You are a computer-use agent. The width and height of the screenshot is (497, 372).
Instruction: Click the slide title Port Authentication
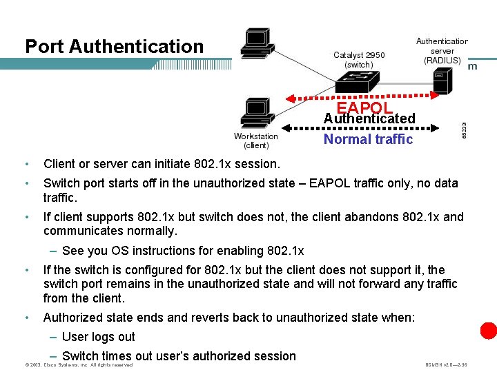tap(115, 47)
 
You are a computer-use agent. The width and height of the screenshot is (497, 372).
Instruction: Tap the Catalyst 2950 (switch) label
tap(359, 60)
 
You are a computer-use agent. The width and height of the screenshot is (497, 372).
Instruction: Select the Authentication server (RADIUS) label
tap(442, 51)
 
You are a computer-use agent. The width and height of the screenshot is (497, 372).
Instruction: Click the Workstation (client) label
tap(256, 141)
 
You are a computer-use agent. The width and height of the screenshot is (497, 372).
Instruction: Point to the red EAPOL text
tap(364, 108)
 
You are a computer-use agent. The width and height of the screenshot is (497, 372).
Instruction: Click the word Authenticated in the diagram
tap(369, 118)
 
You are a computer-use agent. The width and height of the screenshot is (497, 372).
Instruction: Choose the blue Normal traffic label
tap(369, 139)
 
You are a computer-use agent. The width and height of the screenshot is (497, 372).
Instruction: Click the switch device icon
tap(359, 83)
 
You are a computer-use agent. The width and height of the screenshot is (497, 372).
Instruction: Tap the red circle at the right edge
tap(489, 330)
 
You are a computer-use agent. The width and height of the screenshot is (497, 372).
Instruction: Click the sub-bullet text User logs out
tap(99, 337)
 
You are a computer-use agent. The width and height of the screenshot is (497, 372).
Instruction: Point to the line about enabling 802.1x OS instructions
tap(182, 251)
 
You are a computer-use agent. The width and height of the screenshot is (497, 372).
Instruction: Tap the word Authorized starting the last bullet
tap(75, 318)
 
